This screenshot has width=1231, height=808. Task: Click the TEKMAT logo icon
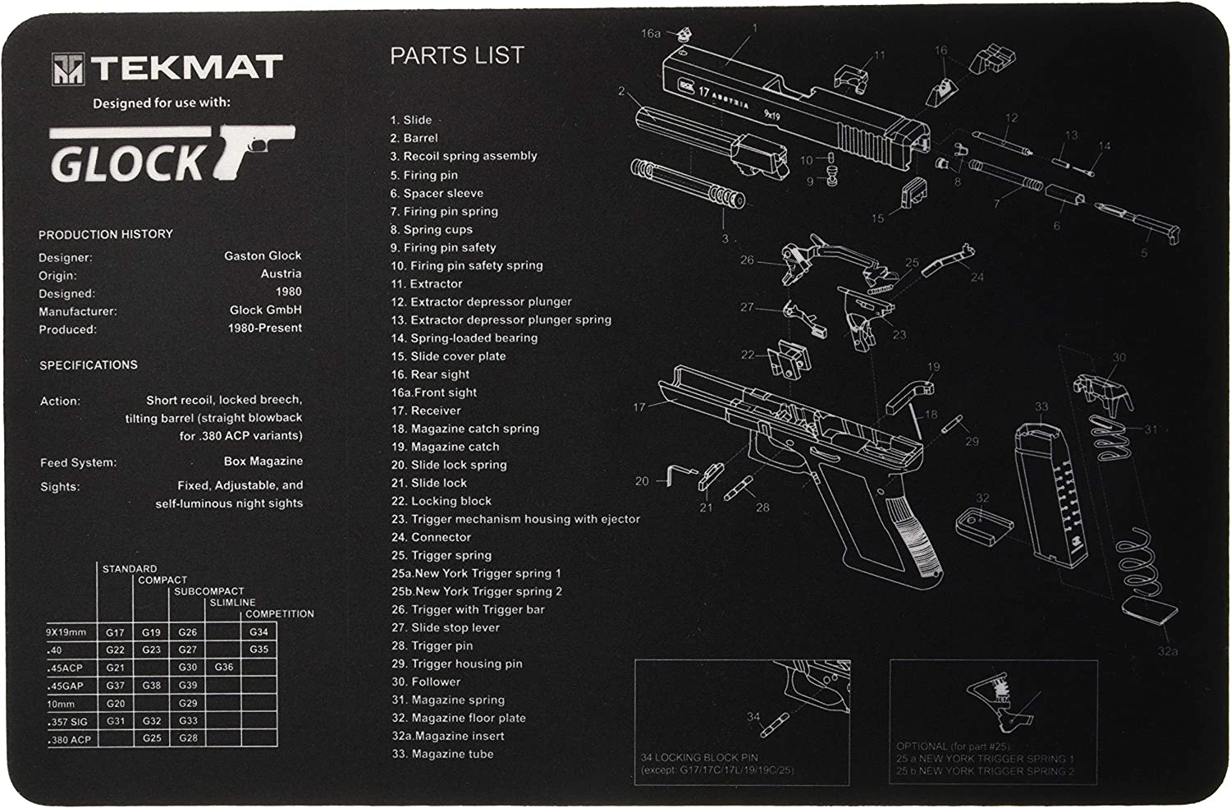point(68,69)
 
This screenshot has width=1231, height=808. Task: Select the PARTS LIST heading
point(456,55)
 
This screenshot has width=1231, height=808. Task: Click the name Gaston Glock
point(263,255)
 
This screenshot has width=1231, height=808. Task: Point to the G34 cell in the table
point(259,632)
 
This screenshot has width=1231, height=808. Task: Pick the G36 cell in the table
point(224,668)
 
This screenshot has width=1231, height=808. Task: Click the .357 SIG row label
point(70,721)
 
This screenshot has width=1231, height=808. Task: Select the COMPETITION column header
point(280,613)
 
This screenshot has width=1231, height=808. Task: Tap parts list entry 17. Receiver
point(426,411)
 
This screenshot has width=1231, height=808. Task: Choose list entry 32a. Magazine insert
point(448,736)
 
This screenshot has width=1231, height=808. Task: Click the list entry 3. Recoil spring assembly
point(464,156)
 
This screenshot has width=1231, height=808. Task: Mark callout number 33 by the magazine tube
point(1041,406)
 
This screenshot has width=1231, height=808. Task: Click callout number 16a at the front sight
point(650,33)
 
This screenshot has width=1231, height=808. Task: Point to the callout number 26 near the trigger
point(746,260)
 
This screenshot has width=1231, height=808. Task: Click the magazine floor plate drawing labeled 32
point(980,525)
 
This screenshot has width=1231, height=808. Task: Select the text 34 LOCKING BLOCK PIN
point(698,757)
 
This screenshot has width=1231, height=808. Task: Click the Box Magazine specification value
point(263,461)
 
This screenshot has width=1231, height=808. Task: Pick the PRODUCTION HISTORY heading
point(106,234)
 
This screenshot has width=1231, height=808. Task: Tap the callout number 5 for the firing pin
point(1144,253)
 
